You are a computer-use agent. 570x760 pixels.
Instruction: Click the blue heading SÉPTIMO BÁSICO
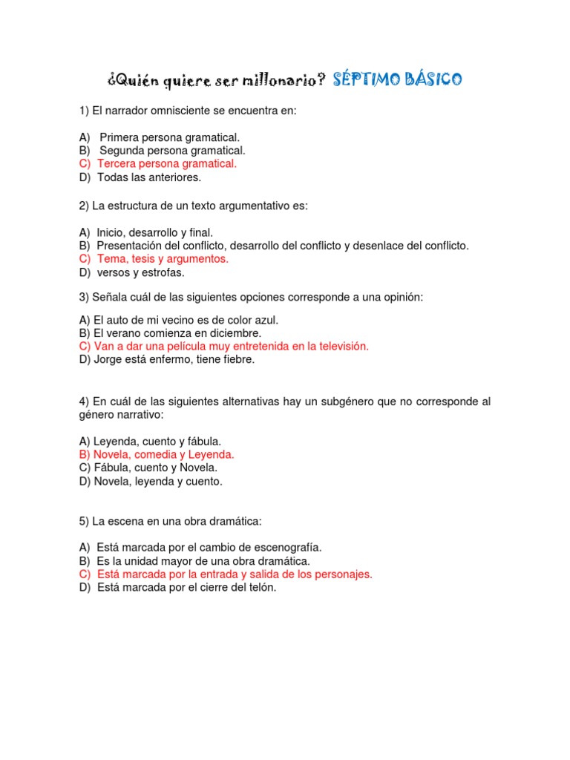point(397,79)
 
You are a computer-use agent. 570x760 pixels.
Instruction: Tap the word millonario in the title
point(278,80)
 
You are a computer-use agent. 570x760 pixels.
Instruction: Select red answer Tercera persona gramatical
point(166,164)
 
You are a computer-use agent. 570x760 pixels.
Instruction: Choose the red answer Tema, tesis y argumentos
point(163,259)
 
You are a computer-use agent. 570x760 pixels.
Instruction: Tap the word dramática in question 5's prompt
point(235,522)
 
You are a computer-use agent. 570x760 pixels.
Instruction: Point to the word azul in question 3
point(266,320)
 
